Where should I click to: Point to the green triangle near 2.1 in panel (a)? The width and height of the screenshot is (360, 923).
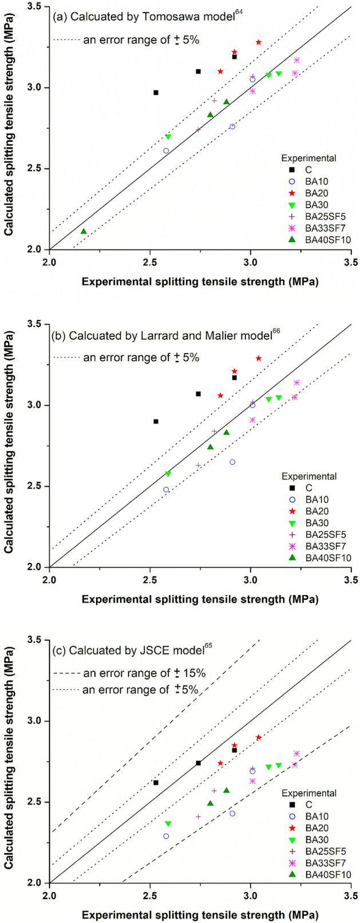[84, 231]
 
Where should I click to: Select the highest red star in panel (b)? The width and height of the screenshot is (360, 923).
[259, 358]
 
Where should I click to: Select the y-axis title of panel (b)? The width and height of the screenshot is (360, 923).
[9, 446]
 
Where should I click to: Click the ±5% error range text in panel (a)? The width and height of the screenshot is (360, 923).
[141, 40]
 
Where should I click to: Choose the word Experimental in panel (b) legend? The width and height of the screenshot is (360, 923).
[308, 476]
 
